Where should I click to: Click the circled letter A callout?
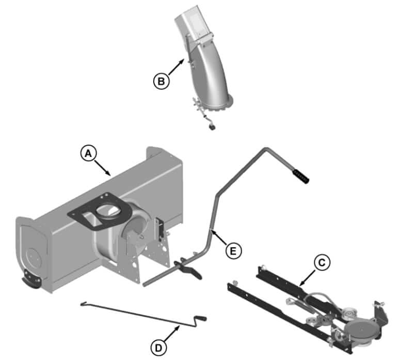(x=88, y=153)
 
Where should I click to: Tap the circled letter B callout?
(x=161, y=81)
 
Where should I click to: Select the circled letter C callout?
(x=322, y=263)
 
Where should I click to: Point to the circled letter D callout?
(x=158, y=348)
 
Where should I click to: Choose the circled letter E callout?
(x=233, y=251)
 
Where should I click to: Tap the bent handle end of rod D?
(x=200, y=320)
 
